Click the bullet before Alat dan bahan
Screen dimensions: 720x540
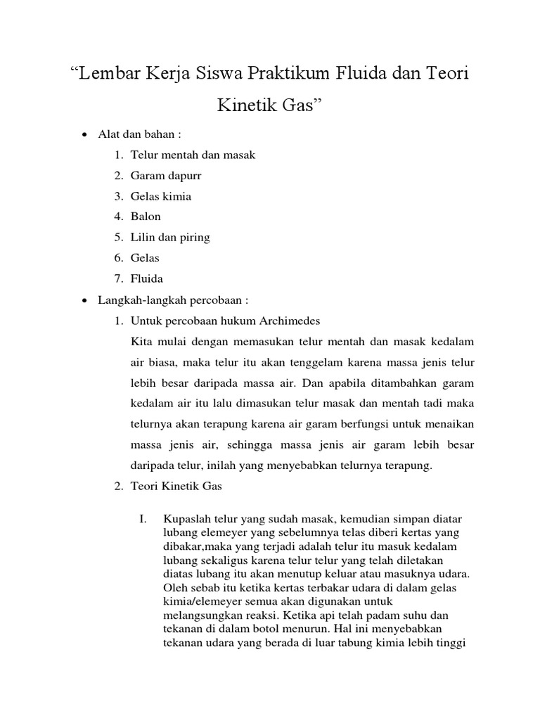84,135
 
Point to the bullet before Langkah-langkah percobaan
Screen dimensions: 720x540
84,301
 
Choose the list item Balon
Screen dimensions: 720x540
146,217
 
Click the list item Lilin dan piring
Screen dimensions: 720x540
170,237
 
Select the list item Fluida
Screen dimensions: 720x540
147,278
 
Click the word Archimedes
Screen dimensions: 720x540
288,321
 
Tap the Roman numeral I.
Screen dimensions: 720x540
143,519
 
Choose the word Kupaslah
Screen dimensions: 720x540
184,519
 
